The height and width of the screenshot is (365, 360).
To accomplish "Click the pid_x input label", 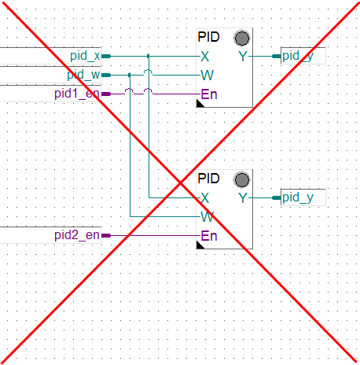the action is tap(85, 56).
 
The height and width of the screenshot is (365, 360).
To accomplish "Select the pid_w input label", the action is tap(83, 75).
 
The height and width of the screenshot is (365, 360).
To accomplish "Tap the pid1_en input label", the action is tap(77, 94).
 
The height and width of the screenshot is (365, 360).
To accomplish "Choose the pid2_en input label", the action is tap(77, 235).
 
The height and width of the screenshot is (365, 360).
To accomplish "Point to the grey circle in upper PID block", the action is tap(241, 39).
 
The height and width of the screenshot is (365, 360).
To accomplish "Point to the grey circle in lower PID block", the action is tap(241, 180).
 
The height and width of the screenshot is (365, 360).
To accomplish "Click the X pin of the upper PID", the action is tap(205, 57).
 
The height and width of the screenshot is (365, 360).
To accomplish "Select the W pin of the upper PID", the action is tap(208, 76).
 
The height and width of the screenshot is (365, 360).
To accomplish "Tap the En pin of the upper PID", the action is tap(209, 94).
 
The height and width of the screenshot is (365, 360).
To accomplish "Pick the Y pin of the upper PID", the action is tap(243, 57).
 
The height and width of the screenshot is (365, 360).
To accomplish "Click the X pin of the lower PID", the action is tap(205, 198).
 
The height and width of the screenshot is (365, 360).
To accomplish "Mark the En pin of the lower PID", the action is tap(209, 236).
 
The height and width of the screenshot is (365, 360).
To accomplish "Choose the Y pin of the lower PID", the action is tap(243, 198).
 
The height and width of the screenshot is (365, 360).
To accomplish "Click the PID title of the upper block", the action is tap(208, 37).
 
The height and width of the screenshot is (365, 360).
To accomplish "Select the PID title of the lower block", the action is tap(208, 179).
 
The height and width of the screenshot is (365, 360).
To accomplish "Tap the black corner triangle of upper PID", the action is tap(200, 104).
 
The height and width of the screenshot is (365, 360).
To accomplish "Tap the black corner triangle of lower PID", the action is tap(200, 245).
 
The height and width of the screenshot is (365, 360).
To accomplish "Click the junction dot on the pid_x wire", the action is tap(149, 56).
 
